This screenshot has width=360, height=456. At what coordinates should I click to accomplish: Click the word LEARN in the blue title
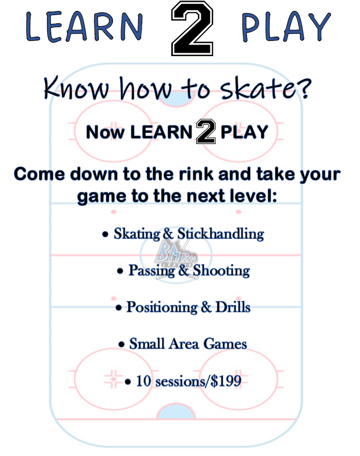[84, 27]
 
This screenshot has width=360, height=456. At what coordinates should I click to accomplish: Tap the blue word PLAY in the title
[286, 27]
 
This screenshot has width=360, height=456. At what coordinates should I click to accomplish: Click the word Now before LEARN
[105, 133]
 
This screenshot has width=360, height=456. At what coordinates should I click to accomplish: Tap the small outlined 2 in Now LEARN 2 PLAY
[206, 132]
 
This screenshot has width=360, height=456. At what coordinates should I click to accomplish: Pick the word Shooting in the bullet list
[222, 271]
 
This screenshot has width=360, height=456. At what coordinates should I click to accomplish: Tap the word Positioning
[162, 307]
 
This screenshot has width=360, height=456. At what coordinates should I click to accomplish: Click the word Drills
[233, 307]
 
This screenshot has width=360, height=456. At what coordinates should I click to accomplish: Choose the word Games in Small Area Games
[225, 344]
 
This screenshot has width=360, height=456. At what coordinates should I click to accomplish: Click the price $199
[226, 381]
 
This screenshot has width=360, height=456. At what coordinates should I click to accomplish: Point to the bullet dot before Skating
[105, 234]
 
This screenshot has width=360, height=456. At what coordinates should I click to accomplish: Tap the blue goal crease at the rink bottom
[176, 411]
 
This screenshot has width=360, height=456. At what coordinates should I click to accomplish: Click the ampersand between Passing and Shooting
[184, 271]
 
